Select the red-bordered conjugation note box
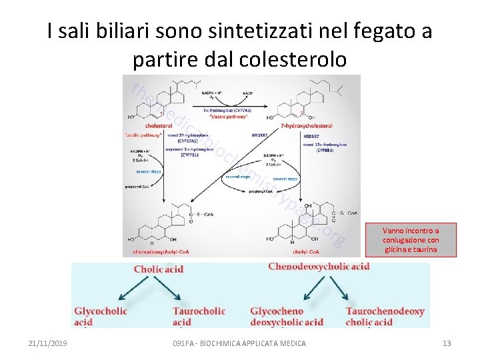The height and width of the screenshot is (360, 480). click(411, 239)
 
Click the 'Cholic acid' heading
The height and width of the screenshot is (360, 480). click(159, 269)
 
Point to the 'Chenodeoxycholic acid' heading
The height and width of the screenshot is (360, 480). click(319, 267)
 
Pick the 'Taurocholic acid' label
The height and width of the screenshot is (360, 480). click(199, 317)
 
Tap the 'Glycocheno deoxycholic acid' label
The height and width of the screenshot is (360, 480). click(287, 317)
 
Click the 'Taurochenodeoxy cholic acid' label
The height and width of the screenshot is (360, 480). click(385, 317)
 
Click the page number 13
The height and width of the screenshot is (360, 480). click(447, 343)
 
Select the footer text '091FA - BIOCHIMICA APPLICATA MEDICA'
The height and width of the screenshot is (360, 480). click(239, 343)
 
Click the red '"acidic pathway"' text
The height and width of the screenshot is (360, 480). click(143, 134)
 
